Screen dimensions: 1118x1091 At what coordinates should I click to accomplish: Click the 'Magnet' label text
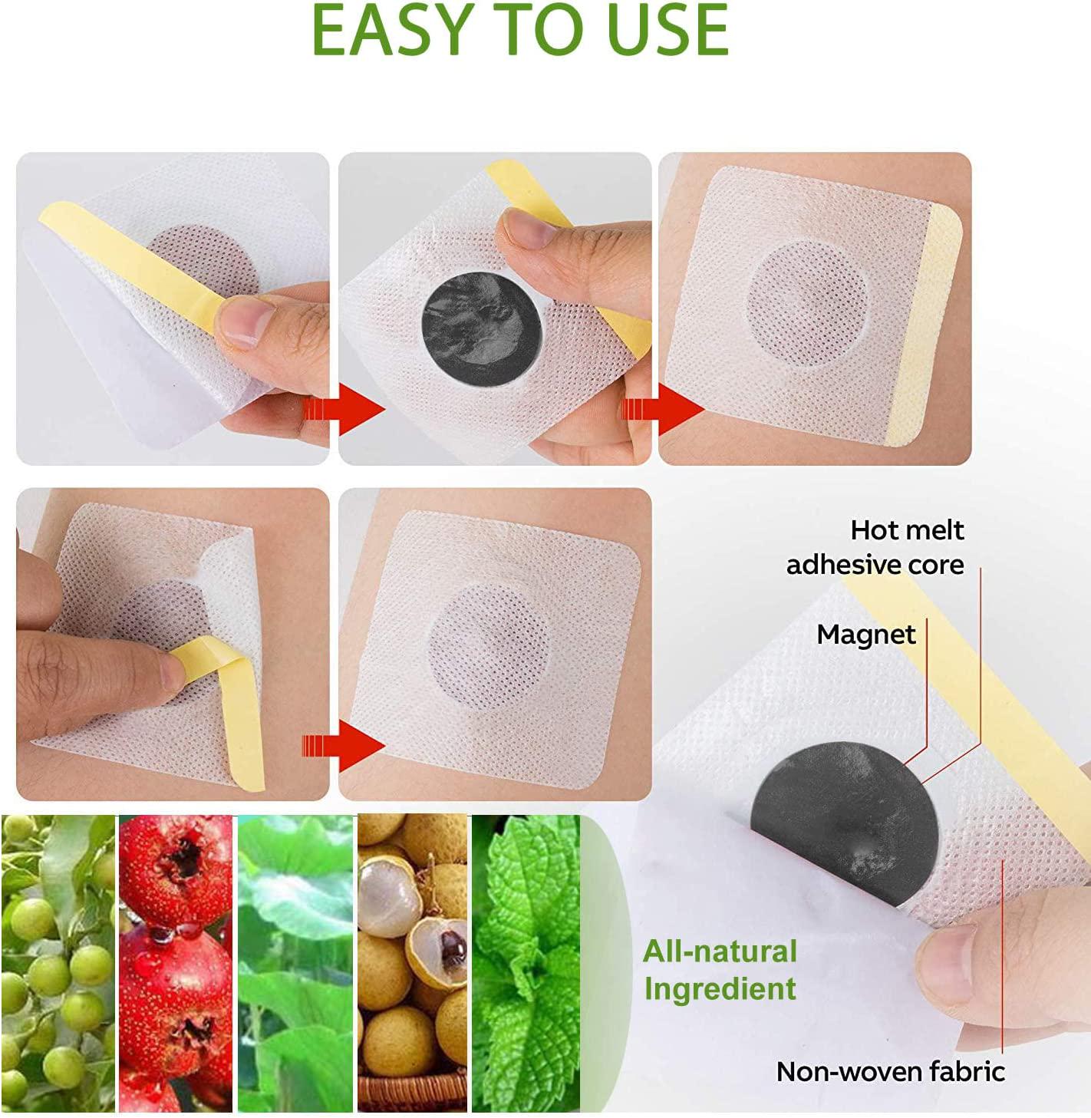[865, 635]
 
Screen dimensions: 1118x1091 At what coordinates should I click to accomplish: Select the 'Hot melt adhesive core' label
[875, 547]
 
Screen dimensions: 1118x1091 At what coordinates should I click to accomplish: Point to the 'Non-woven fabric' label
[890, 1070]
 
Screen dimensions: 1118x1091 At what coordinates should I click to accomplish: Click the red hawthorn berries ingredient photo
[175, 963]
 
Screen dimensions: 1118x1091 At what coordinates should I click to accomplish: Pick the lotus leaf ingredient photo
[295, 963]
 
